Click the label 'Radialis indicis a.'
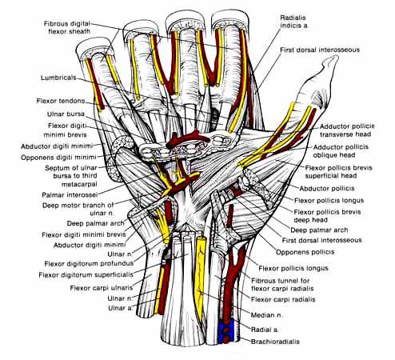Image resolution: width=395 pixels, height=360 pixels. pyautogui.click(x=294, y=22)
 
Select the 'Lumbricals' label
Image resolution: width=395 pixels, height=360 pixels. pyautogui.click(x=58, y=78)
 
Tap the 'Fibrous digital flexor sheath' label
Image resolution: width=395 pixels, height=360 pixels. pyautogui.click(x=67, y=27)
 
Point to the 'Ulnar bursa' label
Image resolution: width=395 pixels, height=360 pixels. pyautogui.click(x=66, y=114)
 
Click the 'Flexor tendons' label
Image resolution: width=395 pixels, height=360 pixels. pyautogui.click(x=61, y=101)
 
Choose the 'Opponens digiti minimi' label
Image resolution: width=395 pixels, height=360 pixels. pyautogui.click(x=58, y=158)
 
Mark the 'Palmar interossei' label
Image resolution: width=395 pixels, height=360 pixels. pyautogui.click(x=70, y=195)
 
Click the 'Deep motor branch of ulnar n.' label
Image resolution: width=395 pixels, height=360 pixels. pyautogui.click(x=78, y=210)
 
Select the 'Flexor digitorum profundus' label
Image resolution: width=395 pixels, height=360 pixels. pyautogui.click(x=89, y=264)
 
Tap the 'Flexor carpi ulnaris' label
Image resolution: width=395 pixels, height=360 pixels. pyautogui.click(x=102, y=288)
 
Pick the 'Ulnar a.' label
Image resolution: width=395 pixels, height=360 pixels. pyautogui.click(x=120, y=308)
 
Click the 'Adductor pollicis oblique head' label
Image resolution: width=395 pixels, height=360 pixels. pyautogui.click(x=341, y=151)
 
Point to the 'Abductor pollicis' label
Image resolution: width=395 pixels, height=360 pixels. pyautogui.click(x=327, y=189)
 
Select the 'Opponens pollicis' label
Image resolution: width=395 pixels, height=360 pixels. pyautogui.click(x=305, y=252)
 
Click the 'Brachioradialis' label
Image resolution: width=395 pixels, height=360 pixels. pyautogui.click(x=275, y=342)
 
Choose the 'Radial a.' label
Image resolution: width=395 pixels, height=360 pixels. pyautogui.click(x=265, y=330)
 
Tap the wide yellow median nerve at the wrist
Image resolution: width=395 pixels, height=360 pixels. pyautogui.click(x=200, y=274)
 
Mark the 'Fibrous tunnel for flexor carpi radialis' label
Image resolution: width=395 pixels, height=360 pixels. pyautogui.click(x=282, y=285)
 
